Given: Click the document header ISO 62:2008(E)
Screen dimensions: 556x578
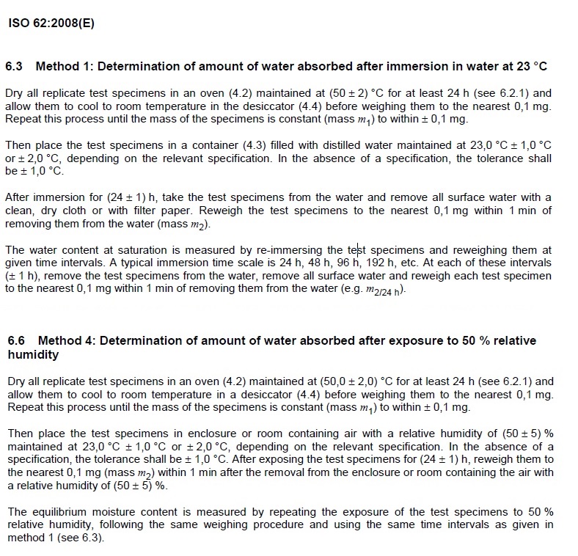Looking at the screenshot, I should (x=51, y=23).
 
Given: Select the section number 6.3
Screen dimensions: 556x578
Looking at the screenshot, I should (x=15, y=66).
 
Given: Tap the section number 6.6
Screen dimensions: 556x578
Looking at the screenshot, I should (x=17, y=341).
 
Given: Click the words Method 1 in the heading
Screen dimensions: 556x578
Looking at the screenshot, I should (x=64, y=66).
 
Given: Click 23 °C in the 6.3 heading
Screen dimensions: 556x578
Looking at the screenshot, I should (x=532, y=66).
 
